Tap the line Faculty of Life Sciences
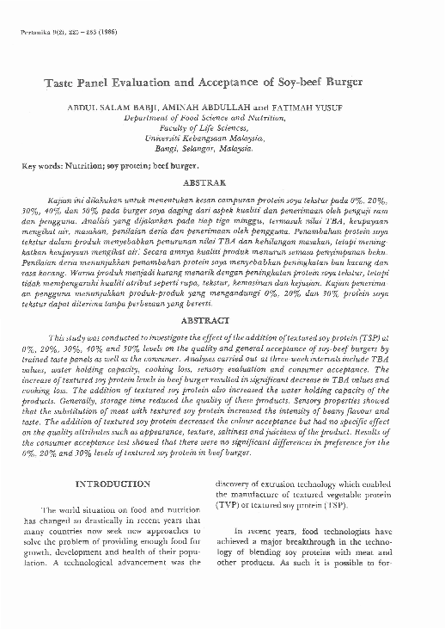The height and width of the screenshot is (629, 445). pyautogui.click(x=222, y=133)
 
